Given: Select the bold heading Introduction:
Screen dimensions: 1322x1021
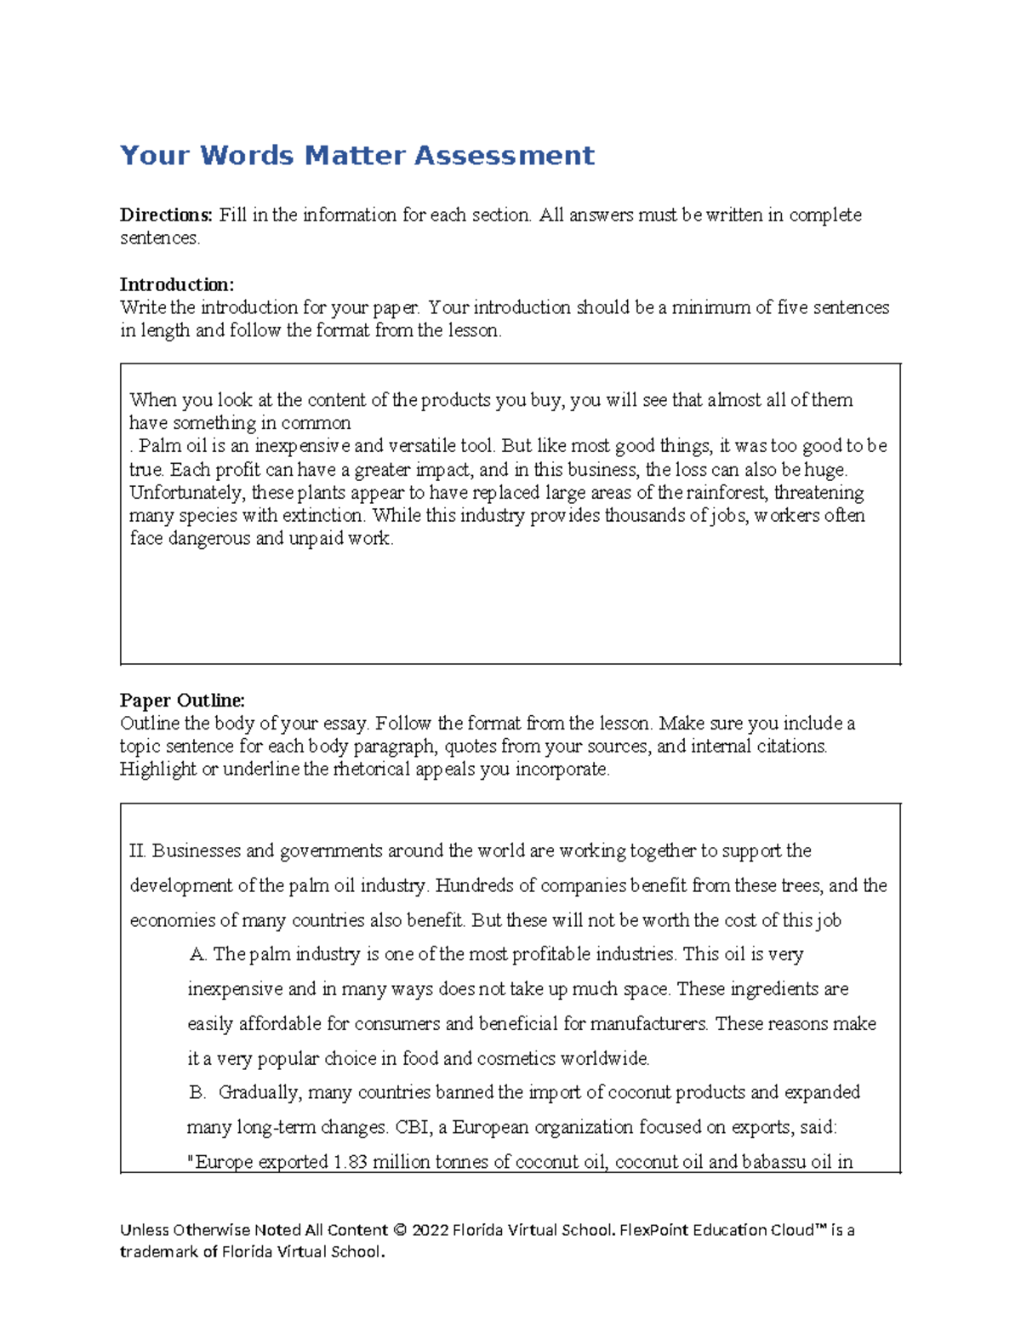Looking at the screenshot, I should (176, 284).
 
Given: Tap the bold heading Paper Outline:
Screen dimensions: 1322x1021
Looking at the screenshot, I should (182, 701).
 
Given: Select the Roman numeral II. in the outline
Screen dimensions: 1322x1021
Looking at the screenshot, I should (138, 851).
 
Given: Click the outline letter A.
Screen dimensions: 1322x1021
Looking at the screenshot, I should (198, 954).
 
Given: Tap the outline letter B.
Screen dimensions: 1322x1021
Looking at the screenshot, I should (197, 1092).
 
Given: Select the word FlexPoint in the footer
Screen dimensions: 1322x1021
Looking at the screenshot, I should (652, 1230).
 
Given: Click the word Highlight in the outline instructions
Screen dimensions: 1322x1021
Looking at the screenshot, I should (157, 770).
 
